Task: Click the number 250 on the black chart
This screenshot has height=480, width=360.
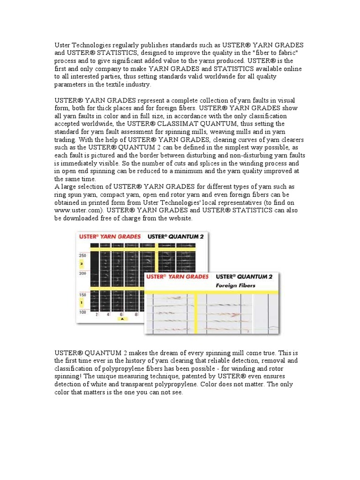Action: point(82,255)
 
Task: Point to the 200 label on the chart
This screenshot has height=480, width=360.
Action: point(82,273)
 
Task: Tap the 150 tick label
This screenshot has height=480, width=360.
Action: point(82,295)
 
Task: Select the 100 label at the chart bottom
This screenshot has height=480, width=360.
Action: point(82,312)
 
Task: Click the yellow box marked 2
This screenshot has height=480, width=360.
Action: point(82,264)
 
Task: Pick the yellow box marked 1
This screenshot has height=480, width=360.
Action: point(82,303)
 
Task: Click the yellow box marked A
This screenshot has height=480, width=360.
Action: point(122,319)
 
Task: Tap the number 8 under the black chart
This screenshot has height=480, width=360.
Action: point(136,314)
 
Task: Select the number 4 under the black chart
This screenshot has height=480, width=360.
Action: point(108,314)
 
